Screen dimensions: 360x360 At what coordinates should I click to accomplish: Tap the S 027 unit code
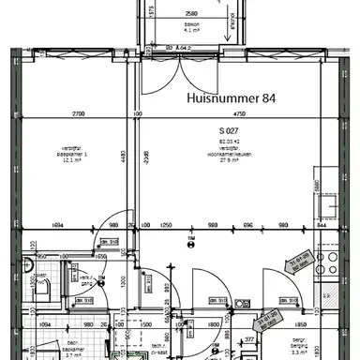[x=231, y=130]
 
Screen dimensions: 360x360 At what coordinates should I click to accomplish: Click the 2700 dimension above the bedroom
[x=79, y=113]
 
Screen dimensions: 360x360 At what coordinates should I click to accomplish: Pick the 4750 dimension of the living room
[x=227, y=113]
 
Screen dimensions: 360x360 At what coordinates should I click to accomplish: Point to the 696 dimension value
[x=248, y=226]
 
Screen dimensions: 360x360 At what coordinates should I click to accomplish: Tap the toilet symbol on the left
[x=34, y=281]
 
